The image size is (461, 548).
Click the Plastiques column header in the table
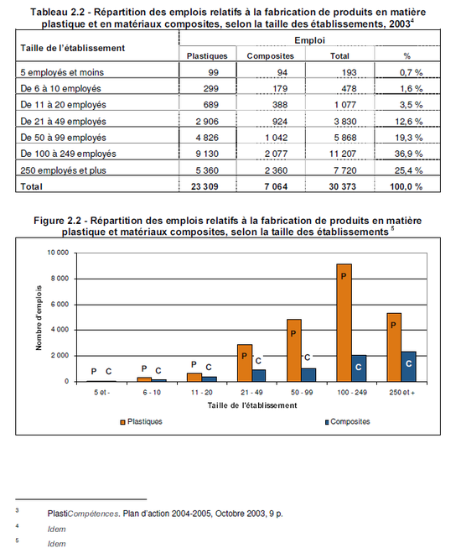coord(207,56)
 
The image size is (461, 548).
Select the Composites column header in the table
coord(271,56)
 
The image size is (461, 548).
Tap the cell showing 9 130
coord(207,154)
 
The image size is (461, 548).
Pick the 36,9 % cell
coord(408,154)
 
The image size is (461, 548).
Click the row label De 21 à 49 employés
coord(63,122)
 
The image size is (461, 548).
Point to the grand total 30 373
coord(342,186)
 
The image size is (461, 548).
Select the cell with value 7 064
coord(276,186)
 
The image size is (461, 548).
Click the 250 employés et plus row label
coord(63,170)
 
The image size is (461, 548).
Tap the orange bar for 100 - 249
coord(344,322)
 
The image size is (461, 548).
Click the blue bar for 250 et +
coord(409,367)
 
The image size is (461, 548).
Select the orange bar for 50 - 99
coord(294,350)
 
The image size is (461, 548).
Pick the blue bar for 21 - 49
coord(259,376)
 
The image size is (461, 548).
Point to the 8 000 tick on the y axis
coord(59,279)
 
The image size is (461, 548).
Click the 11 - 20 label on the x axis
coord(202,393)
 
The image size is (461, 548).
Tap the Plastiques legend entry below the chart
coord(142,421)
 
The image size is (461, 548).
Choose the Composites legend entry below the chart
coord(347,421)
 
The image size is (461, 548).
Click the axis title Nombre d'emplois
coord(39,318)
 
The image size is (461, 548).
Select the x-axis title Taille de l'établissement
coord(252,405)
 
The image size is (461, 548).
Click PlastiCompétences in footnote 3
coord(84,514)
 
